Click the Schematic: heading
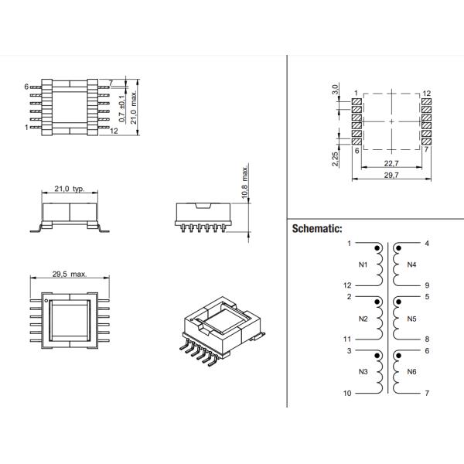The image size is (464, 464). point(317,230)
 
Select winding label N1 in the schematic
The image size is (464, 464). point(363,264)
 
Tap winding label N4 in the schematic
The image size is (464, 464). point(411,264)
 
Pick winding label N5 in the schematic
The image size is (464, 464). point(411,318)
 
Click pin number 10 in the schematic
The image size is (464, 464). point(347,393)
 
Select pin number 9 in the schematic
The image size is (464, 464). point(428,285)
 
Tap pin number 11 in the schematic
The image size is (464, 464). point(347,339)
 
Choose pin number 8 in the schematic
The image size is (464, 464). point(428,339)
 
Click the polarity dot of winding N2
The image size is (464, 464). point(377,302)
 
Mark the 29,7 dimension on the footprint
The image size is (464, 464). point(391,176)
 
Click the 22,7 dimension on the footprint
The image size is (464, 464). point(391,163)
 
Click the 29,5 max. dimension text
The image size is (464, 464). point(68,274)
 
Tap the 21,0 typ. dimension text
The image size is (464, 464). point(69,189)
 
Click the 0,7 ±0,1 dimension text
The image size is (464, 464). point(122,104)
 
